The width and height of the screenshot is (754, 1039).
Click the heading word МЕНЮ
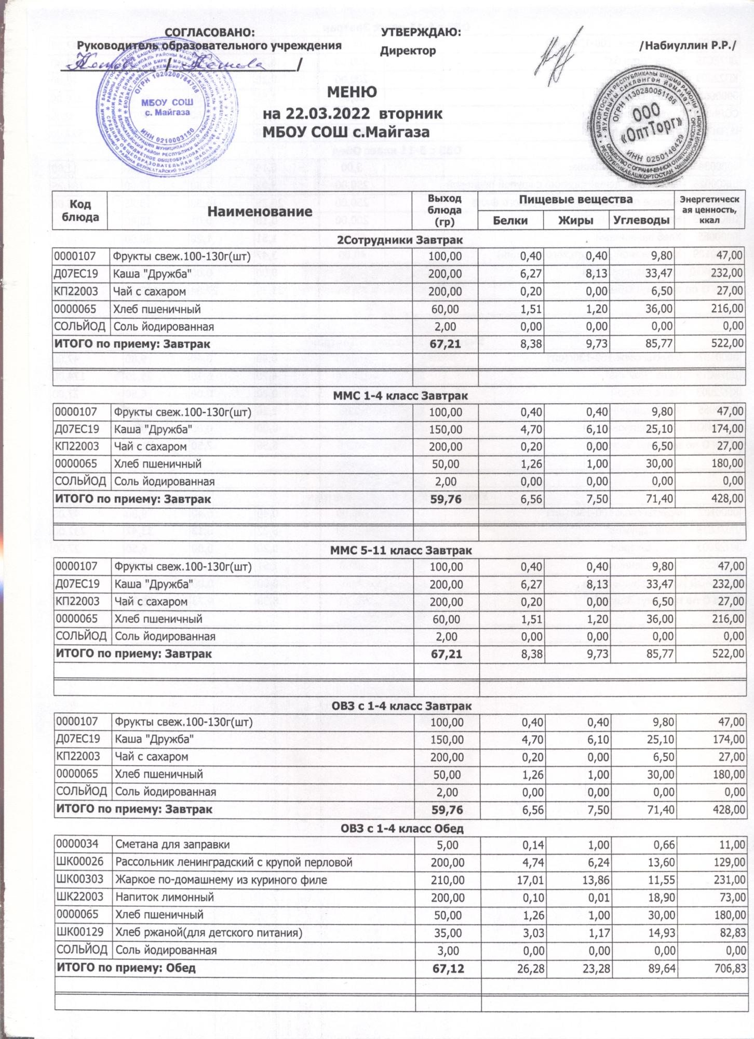click(352, 92)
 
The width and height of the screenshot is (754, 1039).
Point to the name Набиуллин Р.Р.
click(690, 46)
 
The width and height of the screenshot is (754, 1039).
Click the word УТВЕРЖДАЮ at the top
click(421, 32)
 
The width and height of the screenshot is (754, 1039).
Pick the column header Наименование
click(260, 211)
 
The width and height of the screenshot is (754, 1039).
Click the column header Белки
click(510, 220)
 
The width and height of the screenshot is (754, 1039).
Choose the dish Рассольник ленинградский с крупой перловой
click(234, 862)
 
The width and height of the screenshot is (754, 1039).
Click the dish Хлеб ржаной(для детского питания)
click(208, 933)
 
